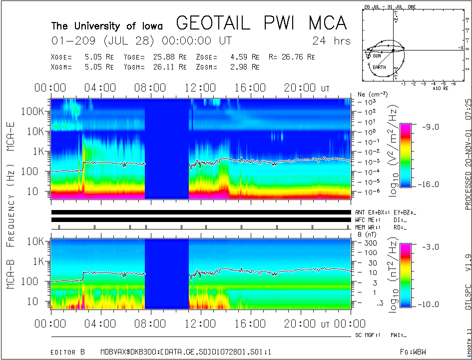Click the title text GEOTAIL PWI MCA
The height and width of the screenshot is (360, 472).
261,23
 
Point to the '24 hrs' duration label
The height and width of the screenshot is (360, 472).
331,40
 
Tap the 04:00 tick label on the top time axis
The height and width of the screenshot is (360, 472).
100,88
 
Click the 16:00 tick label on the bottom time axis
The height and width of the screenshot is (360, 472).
250,323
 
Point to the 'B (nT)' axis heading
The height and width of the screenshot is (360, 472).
367,234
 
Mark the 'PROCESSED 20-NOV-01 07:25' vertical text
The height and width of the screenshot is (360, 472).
468,154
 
